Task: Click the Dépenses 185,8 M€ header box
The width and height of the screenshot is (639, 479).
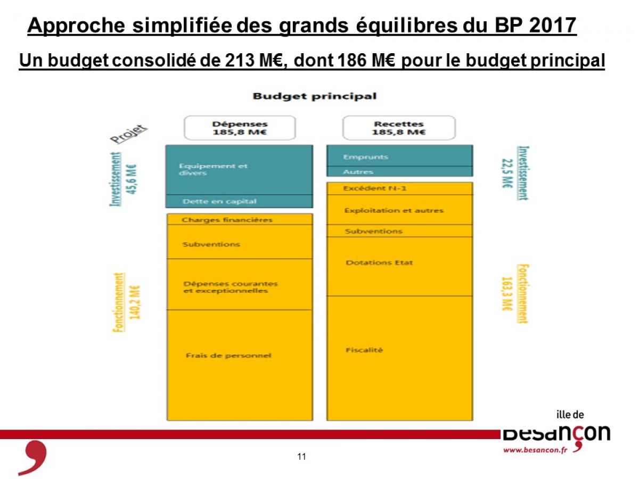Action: (x=240, y=128)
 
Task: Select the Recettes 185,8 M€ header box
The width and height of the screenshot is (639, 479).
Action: (x=399, y=128)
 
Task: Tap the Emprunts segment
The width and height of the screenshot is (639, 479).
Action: (x=400, y=155)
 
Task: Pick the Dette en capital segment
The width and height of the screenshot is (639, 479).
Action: (x=239, y=201)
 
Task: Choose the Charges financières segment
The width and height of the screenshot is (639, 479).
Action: (x=240, y=219)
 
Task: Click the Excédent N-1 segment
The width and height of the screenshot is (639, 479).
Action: (x=400, y=188)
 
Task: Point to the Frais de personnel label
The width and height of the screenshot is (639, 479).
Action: (x=228, y=356)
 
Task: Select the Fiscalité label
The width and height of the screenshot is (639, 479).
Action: (x=364, y=350)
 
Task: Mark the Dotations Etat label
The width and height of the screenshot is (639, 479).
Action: (x=379, y=262)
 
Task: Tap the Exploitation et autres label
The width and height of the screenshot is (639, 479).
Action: (x=394, y=210)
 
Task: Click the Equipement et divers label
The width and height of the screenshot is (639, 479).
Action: (x=213, y=169)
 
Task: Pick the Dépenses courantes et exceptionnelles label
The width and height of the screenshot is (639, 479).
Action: (x=231, y=287)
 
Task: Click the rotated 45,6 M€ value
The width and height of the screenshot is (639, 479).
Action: (x=132, y=179)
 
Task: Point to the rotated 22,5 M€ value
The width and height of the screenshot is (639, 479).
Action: (x=507, y=174)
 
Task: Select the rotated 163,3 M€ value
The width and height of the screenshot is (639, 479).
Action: (x=507, y=294)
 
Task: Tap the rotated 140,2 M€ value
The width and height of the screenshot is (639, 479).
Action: (x=135, y=302)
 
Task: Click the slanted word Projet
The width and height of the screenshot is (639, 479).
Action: (x=129, y=134)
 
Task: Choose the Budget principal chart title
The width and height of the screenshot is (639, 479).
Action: (x=314, y=96)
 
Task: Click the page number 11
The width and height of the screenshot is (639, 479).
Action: (x=301, y=457)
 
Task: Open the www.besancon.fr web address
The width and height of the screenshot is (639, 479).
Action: (x=535, y=450)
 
